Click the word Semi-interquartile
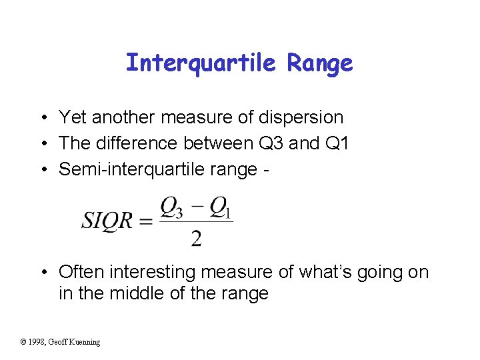pos(133,169)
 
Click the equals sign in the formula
pos(146,222)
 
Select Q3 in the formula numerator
pos(171,209)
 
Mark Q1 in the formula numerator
pos(221,209)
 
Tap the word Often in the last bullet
pos(81,272)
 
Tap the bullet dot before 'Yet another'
pos(42,119)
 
